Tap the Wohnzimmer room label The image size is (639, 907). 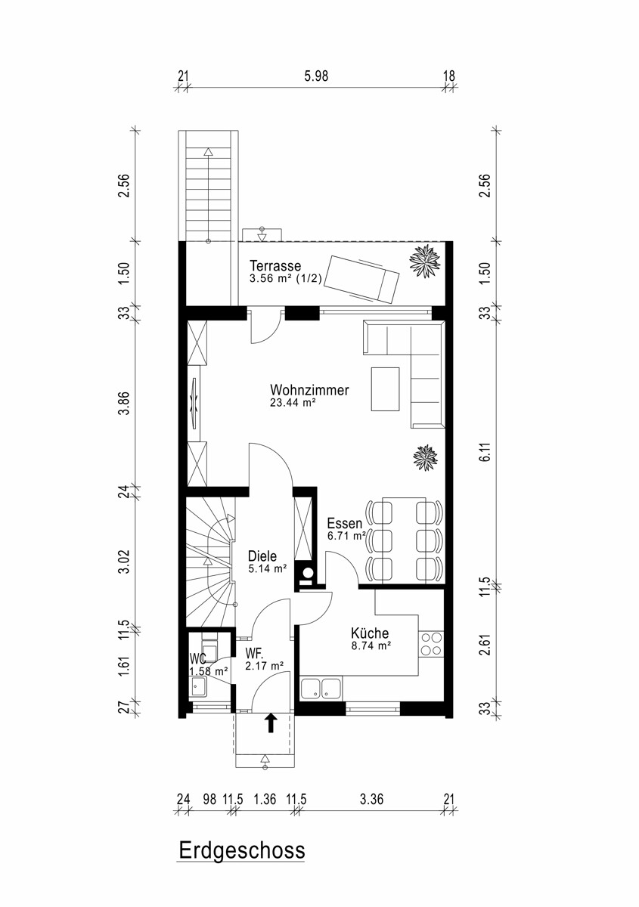[309, 390]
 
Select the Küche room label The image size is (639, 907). [370, 633]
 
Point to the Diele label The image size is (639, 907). [262, 556]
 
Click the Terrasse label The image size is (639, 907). [275, 265]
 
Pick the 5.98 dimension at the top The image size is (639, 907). [316, 76]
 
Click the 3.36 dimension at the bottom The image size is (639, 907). [371, 800]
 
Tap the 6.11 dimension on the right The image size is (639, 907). [486, 451]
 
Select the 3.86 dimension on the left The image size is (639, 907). [126, 403]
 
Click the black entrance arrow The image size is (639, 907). [271, 723]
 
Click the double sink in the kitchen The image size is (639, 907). [321, 688]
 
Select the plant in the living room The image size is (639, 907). [426, 457]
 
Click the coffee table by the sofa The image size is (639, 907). [386, 389]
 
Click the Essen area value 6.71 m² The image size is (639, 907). [347, 536]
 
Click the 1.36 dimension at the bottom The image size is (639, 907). [265, 800]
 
